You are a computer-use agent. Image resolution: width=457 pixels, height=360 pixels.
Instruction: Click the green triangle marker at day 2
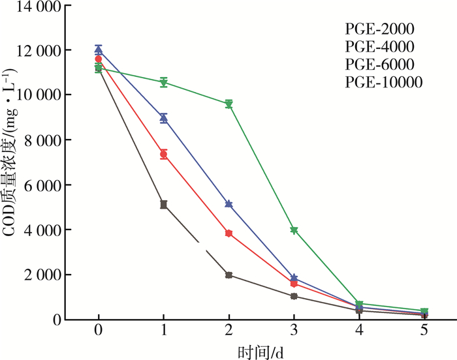tap(229, 104)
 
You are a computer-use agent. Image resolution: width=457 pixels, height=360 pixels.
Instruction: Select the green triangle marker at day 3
tap(294, 230)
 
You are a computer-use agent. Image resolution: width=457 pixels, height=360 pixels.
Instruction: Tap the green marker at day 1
tap(164, 82)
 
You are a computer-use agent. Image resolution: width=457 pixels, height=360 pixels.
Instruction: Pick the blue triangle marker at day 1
tap(164, 118)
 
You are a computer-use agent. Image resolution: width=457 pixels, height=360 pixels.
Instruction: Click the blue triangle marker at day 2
tap(229, 204)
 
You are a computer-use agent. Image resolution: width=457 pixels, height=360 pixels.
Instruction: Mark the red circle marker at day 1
tap(164, 155)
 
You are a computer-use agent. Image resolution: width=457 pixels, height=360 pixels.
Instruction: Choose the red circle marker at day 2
tap(229, 233)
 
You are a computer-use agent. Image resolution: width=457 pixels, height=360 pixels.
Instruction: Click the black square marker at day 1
tap(164, 205)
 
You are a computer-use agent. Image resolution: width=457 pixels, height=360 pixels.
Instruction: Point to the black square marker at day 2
tap(229, 275)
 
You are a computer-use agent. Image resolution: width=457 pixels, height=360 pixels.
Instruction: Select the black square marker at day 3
tap(294, 296)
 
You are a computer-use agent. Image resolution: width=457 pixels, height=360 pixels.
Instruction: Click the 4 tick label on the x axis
tap(360, 330)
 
